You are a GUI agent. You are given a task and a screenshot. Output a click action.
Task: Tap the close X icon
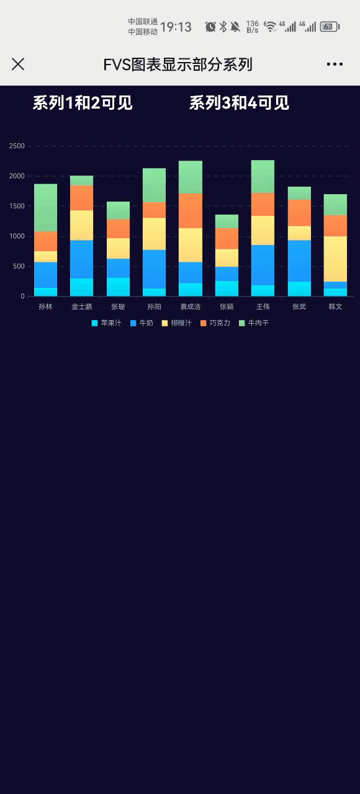(18, 64)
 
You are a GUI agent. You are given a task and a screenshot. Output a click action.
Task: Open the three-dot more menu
(335, 64)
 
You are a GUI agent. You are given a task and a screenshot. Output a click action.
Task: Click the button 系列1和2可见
(83, 103)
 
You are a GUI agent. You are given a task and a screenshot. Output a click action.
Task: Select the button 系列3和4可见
(239, 103)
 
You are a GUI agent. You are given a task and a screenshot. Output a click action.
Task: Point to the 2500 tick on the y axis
(17, 146)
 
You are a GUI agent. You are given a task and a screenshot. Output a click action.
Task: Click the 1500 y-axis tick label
(17, 207)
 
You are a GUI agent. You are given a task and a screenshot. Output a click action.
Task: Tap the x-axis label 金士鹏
(81, 306)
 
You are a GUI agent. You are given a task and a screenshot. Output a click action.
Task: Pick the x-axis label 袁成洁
(191, 306)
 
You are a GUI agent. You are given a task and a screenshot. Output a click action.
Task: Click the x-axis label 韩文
(335, 306)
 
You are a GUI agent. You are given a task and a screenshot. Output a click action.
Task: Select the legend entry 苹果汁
(107, 323)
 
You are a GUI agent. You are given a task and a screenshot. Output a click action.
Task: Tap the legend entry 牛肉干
(254, 323)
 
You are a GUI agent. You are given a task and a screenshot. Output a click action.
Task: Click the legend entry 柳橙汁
(177, 323)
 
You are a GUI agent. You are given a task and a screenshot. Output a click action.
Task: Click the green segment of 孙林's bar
(45, 207)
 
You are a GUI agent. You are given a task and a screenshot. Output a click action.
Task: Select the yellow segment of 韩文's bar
(335, 259)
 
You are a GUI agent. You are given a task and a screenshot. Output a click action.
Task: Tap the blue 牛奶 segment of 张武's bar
(299, 261)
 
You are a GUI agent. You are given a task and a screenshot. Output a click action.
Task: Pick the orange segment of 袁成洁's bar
(191, 211)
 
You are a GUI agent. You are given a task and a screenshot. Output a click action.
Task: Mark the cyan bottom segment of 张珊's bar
(118, 287)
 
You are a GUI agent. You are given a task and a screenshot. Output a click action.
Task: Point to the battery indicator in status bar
(329, 27)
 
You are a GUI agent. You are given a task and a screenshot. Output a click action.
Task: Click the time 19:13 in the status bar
(176, 27)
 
